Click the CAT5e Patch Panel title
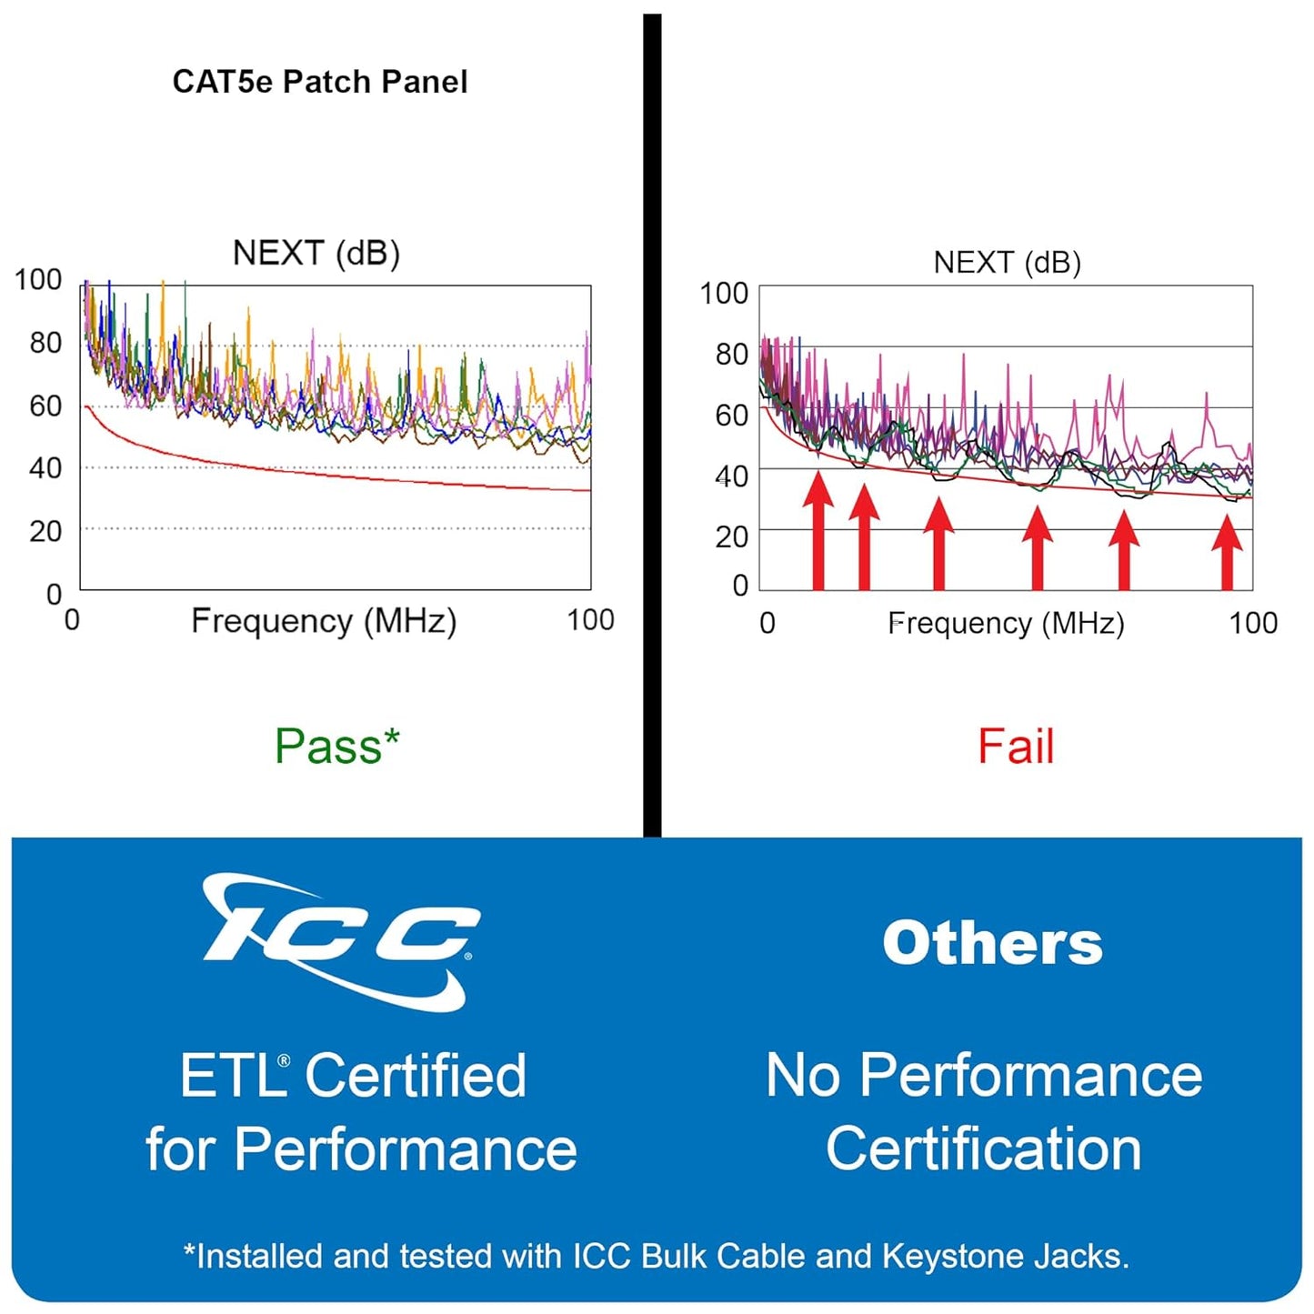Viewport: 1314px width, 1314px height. tap(320, 82)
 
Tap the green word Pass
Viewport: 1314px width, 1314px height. tap(329, 747)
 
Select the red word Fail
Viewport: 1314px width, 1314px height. tap(1016, 747)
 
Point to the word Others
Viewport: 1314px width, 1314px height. tap(992, 943)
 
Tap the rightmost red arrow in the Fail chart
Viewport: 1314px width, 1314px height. tap(1228, 552)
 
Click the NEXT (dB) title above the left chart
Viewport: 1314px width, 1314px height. tap(316, 253)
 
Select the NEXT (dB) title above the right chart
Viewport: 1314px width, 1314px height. tap(1007, 263)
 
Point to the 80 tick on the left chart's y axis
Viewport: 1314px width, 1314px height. tap(45, 343)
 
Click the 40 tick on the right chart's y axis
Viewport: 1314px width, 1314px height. tap(731, 476)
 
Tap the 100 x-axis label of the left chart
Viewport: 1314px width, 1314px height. tap(590, 620)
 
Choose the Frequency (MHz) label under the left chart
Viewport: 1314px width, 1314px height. tap(324, 621)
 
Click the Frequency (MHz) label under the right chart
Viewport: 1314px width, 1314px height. tap(1006, 624)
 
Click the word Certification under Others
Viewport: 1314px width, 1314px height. tap(984, 1148)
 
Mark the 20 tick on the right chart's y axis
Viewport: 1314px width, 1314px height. tap(731, 537)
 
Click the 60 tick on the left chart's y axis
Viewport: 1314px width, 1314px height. tap(45, 406)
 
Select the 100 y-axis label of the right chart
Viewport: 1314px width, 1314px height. tap(724, 294)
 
